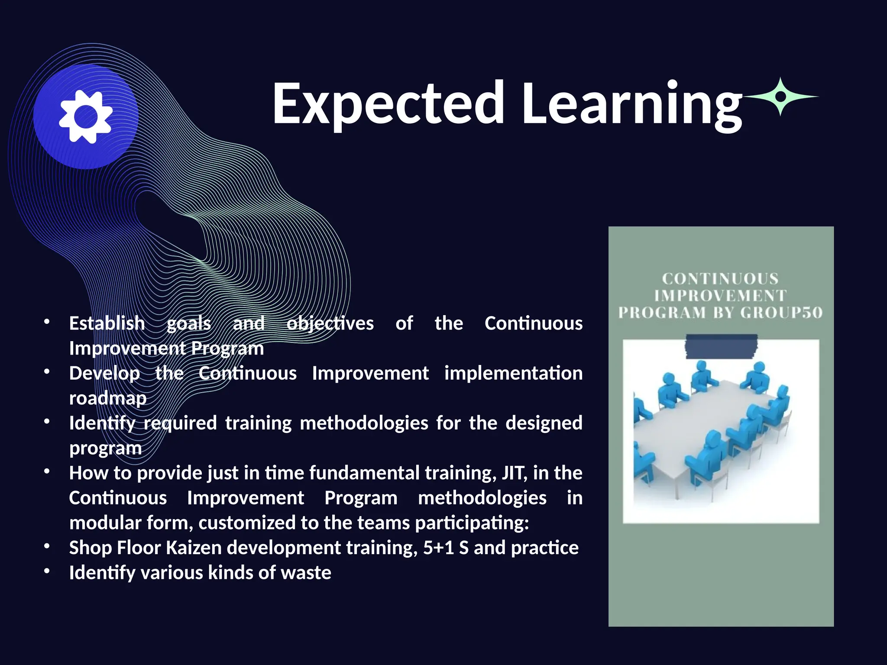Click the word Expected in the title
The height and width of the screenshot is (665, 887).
click(388, 104)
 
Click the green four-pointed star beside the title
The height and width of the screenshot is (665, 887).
click(780, 97)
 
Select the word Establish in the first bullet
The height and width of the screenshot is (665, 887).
click(107, 323)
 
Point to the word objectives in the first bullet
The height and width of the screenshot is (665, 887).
click(330, 323)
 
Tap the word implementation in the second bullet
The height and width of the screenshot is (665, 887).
click(513, 373)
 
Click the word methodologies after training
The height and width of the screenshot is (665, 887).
click(364, 423)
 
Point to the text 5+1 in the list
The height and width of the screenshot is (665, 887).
click(438, 548)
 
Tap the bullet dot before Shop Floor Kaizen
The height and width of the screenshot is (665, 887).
click(47, 546)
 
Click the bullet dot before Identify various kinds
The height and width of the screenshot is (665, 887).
click(47, 571)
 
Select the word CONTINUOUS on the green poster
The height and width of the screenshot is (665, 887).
click(720, 278)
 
